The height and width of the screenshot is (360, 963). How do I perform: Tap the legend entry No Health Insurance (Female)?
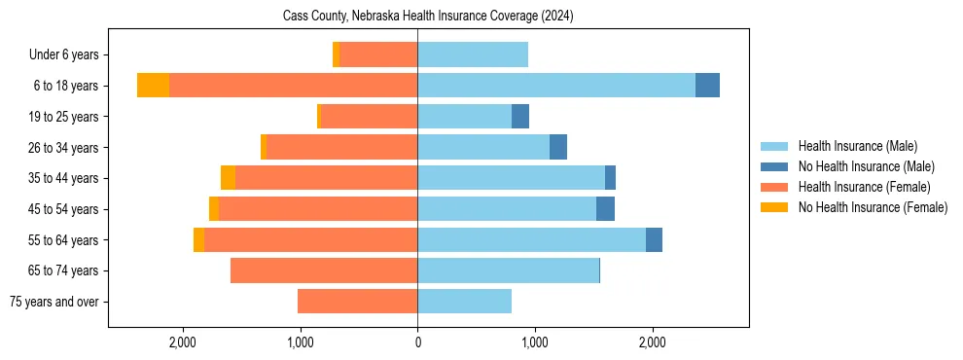tap(873, 207)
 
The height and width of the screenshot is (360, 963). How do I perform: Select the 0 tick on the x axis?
tap(417, 342)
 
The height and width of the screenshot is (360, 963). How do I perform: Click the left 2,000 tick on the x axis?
tap(183, 342)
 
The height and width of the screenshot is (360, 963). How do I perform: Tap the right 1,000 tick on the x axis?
tap(535, 342)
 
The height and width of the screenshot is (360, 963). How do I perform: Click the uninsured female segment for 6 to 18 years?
tap(153, 86)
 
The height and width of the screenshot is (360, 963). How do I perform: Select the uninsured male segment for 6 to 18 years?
tap(707, 86)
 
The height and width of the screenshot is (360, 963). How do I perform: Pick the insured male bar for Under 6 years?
tap(473, 55)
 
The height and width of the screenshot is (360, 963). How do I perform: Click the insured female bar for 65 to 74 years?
tap(324, 270)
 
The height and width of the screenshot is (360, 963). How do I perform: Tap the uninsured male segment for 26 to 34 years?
tap(558, 147)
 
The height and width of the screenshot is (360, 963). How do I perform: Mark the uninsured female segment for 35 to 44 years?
tap(228, 178)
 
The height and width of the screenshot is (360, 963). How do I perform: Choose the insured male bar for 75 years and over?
tap(464, 302)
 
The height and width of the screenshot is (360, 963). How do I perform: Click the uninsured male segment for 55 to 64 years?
tap(654, 239)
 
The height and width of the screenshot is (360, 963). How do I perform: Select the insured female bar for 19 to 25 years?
tap(369, 117)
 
